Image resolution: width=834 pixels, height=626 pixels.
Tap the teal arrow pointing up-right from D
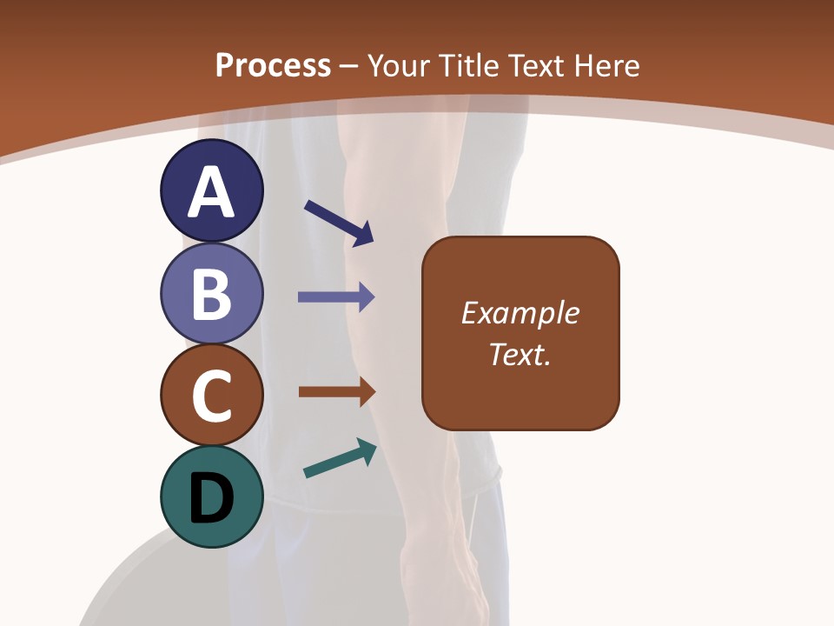pos(340,459)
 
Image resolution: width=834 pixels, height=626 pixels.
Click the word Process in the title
pos(273,65)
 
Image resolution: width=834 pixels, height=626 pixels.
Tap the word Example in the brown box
pos(520,313)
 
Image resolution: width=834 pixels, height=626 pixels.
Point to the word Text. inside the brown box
pos(520,354)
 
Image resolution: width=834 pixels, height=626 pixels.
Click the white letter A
pos(211,192)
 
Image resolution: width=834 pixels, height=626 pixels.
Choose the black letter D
pos(211,497)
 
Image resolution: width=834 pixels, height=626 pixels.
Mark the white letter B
pos(211,294)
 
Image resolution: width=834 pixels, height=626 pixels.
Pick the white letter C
pos(211,396)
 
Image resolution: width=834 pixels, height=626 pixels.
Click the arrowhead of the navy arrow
pos(363,233)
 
